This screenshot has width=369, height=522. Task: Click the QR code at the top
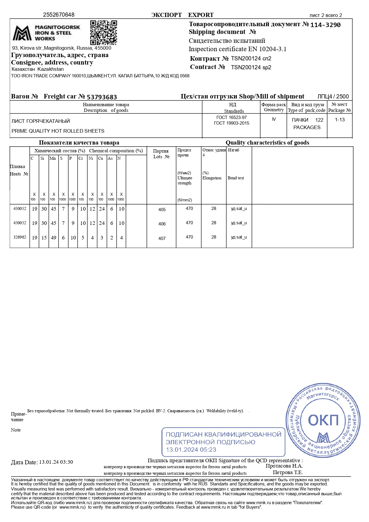click(x=103, y=32)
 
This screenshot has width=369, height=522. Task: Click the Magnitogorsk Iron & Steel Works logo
click(x=46, y=33)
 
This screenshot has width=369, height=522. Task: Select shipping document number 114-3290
click(x=325, y=25)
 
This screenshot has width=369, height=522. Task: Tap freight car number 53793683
click(x=102, y=97)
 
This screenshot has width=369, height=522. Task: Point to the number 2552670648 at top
click(x=59, y=15)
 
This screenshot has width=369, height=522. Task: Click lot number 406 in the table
click(x=162, y=224)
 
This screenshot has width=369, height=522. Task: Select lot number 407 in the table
click(x=162, y=238)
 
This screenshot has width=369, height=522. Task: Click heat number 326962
click(x=20, y=237)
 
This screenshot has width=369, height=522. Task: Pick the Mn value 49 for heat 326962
click(x=54, y=238)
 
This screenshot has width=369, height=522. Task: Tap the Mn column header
click(x=53, y=158)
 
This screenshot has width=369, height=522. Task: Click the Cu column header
click(x=101, y=158)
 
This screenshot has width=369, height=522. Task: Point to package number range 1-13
click(x=340, y=120)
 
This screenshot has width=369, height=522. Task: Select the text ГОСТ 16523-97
click(x=231, y=117)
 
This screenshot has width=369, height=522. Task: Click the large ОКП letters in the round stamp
click(x=323, y=420)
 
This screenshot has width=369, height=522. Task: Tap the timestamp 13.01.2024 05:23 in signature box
click(x=191, y=449)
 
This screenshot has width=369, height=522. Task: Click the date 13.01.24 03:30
click(x=56, y=462)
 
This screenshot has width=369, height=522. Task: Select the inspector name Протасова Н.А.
click(x=284, y=466)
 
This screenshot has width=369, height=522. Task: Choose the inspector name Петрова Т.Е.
click(x=288, y=472)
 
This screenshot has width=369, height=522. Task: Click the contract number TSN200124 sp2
click(x=251, y=67)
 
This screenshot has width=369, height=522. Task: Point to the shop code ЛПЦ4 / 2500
click(x=333, y=96)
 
